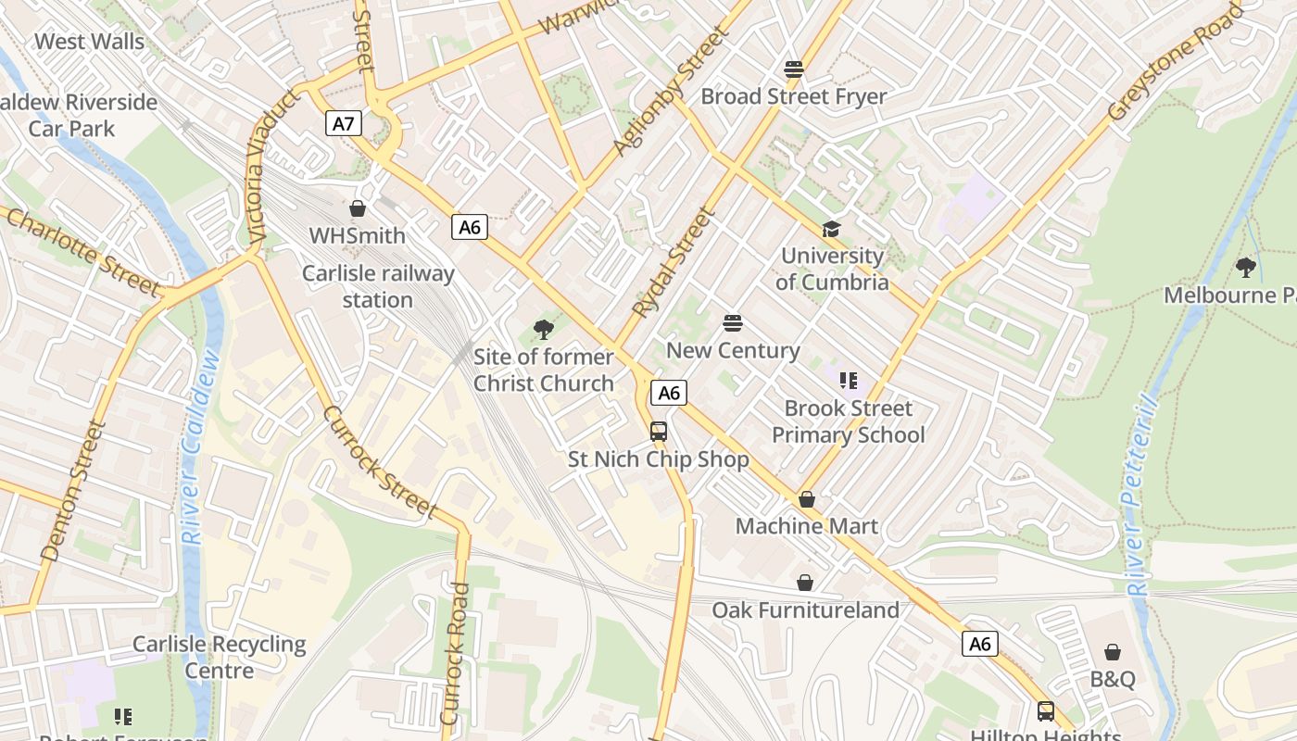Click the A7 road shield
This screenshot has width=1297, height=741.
tap(343, 123)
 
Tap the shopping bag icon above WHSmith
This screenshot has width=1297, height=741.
tap(358, 208)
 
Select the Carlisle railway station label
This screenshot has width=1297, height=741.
tap(378, 286)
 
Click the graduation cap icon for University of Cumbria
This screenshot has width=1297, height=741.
tap(831, 229)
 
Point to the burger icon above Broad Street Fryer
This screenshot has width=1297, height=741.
tap(793, 69)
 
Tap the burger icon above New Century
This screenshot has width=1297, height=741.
tap(733, 323)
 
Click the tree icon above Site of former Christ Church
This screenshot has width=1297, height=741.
tap(544, 329)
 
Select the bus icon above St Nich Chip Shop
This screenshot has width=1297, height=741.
tap(658, 432)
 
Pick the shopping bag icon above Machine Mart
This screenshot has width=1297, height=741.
tap(807, 500)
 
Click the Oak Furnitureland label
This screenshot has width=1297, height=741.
tap(805, 609)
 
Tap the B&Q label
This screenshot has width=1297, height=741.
tap(1112, 679)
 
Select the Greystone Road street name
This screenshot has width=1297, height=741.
tap(1175, 62)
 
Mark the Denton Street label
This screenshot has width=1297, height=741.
tap(70, 491)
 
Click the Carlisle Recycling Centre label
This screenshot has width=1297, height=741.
tap(219, 657)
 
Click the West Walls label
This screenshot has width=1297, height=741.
tap(89, 42)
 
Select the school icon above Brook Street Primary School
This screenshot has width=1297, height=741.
tap(848, 381)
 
